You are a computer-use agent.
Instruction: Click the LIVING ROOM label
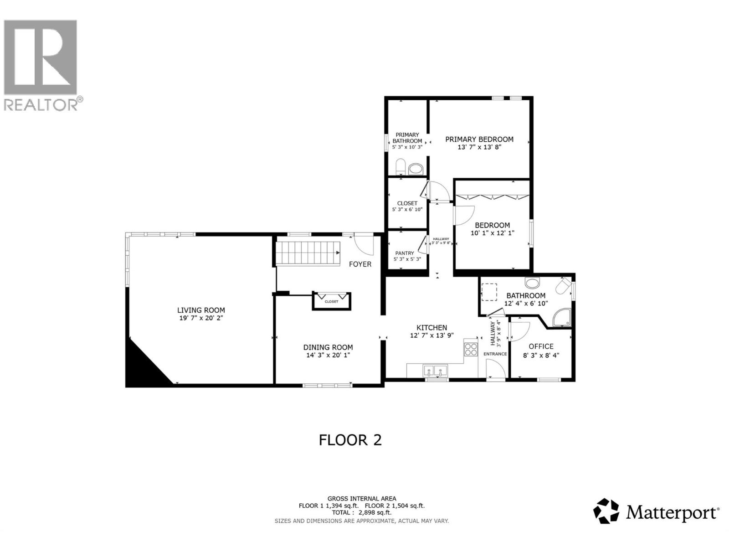tap(201, 310)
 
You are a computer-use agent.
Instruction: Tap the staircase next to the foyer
tap(308, 253)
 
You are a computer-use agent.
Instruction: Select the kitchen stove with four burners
tap(471, 349)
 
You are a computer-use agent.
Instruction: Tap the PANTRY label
tap(405, 253)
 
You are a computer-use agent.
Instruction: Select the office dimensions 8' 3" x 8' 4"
tap(541, 355)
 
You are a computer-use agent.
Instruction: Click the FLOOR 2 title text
tap(350, 440)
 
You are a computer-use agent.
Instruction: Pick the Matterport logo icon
tap(606, 511)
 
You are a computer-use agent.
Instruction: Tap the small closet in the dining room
tap(332, 301)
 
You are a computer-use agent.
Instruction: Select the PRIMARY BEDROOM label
tap(479, 139)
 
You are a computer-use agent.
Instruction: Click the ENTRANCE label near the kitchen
tap(495, 354)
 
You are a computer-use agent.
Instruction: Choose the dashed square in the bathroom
tap(490, 292)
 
